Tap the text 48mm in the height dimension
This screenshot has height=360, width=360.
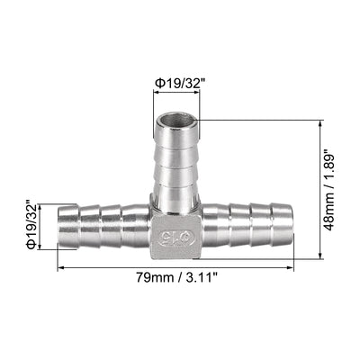click(x=335, y=210)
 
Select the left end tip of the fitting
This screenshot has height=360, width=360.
click(x=61, y=226)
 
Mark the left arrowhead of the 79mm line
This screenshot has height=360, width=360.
click(x=60, y=267)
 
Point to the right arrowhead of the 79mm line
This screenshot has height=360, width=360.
click(x=292, y=267)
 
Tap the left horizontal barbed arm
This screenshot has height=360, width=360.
click(x=99, y=226)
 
